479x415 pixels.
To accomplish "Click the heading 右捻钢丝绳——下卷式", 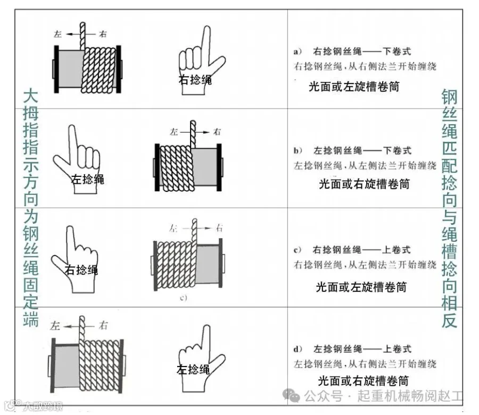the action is point(362,52).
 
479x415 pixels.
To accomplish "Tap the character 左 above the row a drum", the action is point(58,34).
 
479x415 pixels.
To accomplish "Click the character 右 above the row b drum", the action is point(217,132).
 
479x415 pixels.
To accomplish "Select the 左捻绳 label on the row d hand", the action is point(193,369).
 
